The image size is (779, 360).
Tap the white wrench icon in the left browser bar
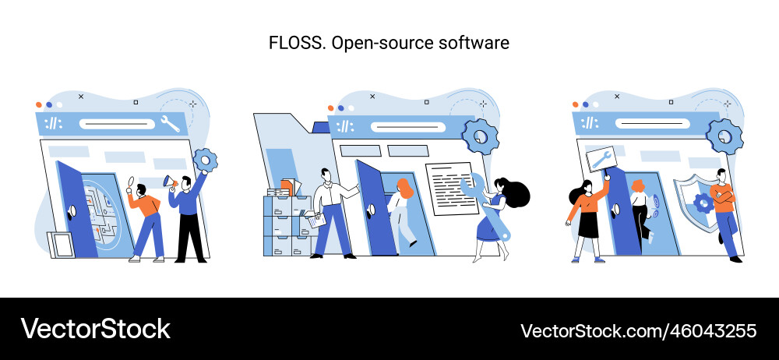pyautogui.click(x=169, y=122)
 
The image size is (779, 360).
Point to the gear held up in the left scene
pyautogui.click(x=206, y=161)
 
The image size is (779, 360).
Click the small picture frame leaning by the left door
pyautogui.click(x=61, y=244)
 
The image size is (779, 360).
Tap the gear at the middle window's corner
pyautogui.click(x=480, y=136)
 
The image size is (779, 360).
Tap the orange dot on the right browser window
pyautogui.click(x=576, y=104)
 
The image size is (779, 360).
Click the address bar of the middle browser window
pyautogui.click(x=405, y=127)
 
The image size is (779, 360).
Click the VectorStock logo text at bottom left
pyautogui.click(x=95, y=329)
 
